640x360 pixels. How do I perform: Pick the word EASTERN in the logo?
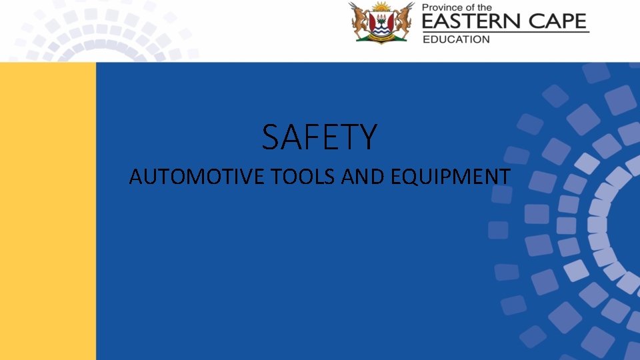(x=469, y=22)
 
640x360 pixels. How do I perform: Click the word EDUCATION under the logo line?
(x=456, y=39)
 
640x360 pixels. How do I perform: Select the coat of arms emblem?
(x=382, y=23)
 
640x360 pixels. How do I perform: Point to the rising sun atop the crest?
(x=382, y=7)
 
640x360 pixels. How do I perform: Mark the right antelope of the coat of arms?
(x=403, y=21)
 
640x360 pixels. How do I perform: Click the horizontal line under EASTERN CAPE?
(x=506, y=32)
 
